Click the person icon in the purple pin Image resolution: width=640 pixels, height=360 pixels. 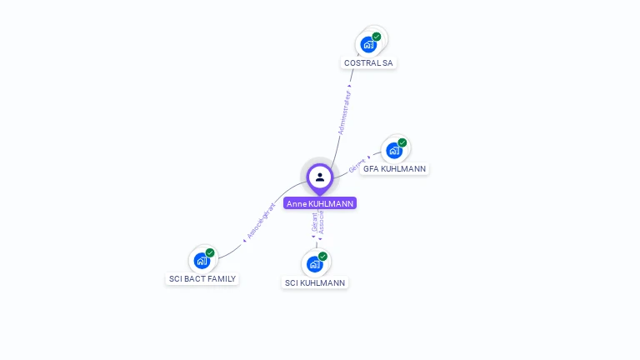(x=320, y=177)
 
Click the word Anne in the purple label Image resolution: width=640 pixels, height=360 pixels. (x=296, y=203)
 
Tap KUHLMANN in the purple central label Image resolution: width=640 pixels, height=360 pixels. (x=331, y=203)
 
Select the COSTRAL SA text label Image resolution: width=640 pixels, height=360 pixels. (x=368, y=62)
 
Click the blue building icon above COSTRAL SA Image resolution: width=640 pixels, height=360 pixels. (x=367, y=45)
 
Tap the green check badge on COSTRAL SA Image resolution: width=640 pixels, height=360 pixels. (x=377, y=37)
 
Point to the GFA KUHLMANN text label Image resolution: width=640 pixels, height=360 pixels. (x=394, y=168)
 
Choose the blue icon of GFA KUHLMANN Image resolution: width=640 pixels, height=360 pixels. (x=393, y=151)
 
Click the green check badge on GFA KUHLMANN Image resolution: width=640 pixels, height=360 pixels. (x=402, y=142)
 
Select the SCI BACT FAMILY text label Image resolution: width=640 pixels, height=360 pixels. (x=202, y=278)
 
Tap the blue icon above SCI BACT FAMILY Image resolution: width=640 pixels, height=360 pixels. (x=201, y=261)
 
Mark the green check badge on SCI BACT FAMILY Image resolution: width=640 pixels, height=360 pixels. (x=210, y=252)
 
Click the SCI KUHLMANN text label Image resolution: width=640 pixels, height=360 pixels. (x=315, y=282)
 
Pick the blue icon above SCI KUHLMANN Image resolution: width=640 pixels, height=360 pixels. (x=314, y=264)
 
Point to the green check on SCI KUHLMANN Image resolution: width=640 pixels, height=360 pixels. (x=322, y=256)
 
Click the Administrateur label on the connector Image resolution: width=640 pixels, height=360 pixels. (x=344, y=112)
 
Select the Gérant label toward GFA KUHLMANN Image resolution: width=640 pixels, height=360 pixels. (x=357, y=165)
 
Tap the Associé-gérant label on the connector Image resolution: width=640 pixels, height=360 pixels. (x=261, y=221)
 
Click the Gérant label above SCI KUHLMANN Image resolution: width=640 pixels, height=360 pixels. (x=314, y=222)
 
